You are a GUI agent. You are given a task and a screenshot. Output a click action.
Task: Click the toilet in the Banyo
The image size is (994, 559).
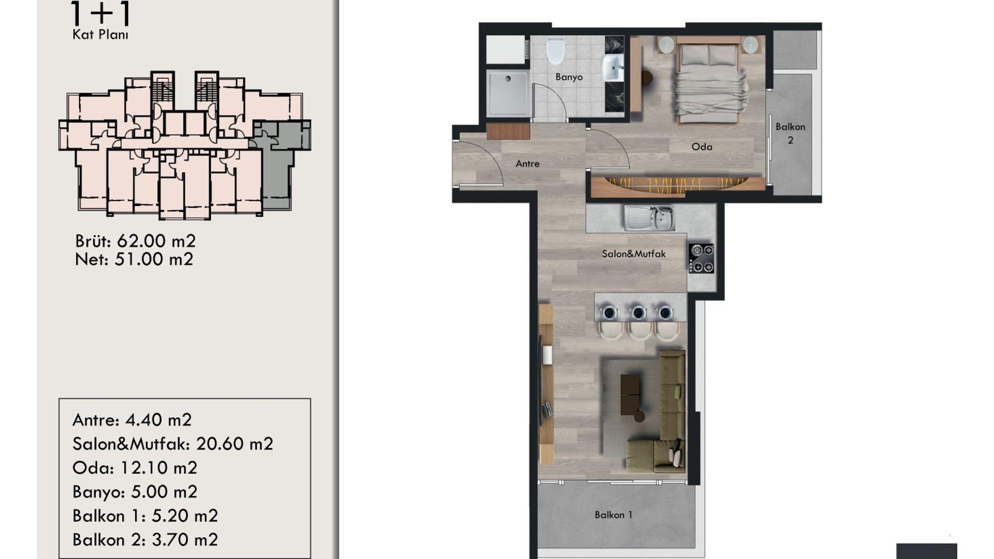tap(555, 50)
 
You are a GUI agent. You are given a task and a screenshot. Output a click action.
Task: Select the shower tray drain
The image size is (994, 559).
tap(508, 79)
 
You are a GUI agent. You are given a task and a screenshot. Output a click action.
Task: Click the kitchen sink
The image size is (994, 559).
tap(649, 218)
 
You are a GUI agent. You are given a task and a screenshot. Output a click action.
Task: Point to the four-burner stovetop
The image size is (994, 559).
tap(701, 258)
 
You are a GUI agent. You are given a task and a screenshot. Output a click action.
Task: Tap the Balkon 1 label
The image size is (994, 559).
tap(613, 514)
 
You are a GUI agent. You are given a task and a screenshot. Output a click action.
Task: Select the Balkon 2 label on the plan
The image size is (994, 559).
tap(790, 133)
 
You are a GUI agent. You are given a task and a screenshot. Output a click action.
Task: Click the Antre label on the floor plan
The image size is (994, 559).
tap(528, 164)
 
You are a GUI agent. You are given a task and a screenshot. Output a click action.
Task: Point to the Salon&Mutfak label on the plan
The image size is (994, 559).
tap(634, 254)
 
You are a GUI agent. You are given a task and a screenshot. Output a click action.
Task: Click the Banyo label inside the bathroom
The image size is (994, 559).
tap(569, 77)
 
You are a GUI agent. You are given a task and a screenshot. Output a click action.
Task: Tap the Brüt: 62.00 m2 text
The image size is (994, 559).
tap(135, 241)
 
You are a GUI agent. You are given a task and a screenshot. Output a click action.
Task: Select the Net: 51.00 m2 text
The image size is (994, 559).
tap(134, 259)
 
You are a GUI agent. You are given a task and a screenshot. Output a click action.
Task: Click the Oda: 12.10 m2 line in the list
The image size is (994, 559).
tap(135, 468)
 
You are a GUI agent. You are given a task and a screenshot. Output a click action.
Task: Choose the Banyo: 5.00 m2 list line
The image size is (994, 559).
tap(135, 492)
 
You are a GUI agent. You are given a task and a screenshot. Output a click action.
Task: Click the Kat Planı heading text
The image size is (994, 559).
tap(100, 35)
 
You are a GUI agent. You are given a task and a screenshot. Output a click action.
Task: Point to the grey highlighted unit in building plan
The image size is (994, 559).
tap(281, 155)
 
